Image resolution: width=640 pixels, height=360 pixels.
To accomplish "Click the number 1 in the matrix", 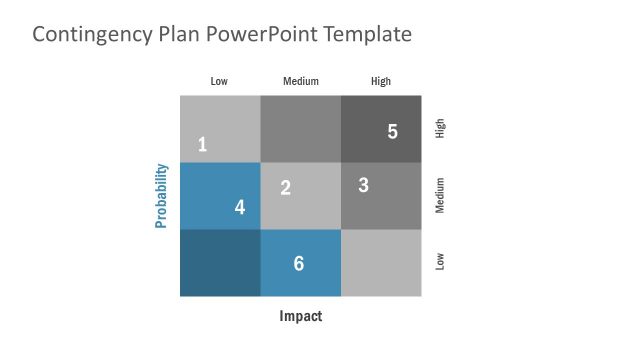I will [x=202, y=144].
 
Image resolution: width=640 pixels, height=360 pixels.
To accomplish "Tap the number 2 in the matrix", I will [x=285, y=187].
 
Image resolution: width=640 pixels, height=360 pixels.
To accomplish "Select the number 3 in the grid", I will [x=363, y=185].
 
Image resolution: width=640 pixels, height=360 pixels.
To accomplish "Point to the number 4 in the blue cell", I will [x=240, y=207].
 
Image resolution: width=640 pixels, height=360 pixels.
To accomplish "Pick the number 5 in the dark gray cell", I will [x=392, y=131].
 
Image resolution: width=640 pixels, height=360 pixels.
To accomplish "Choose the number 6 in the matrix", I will [x=299, y=263].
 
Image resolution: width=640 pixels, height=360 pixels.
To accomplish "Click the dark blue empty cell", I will [x=220, y=263].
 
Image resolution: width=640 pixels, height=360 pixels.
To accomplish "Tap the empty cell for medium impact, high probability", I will [x=300, y=128].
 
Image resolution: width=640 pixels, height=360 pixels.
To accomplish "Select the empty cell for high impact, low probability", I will [x=381, y=263].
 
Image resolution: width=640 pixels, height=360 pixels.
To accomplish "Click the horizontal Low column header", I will [x=220, y=81].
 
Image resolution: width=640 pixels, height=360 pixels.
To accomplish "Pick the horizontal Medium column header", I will [x=301, y=81].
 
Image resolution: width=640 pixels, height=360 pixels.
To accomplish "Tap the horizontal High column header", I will [x=381, y=81].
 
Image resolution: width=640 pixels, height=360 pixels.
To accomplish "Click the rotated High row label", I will [x=440, y=128].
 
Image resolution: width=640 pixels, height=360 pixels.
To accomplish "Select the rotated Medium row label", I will [x=440, y=195].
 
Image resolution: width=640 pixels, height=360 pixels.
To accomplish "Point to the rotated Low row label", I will [x=440, y=262].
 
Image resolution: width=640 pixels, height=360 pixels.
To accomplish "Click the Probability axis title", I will [x=161, y=196].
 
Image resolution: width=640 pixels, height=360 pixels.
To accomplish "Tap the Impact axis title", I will [x=300, y=317].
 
